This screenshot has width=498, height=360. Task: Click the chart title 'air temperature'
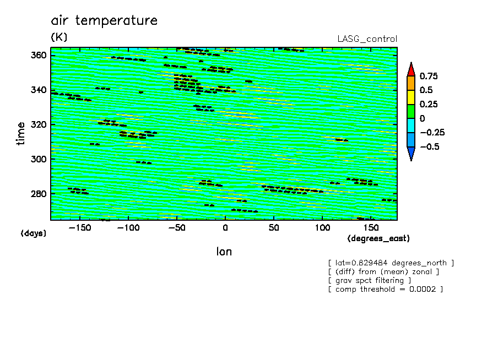(x=104, y=20)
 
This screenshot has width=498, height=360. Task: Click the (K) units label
(x=59, y=37)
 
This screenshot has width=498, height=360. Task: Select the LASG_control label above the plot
(x=367, y=39)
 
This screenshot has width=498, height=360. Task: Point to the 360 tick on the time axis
(x=39, y=55)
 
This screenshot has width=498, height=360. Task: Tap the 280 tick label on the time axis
(x=39, y=194)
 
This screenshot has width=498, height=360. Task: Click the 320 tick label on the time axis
(x=39, y=124)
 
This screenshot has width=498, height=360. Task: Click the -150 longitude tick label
(x=80, y=228)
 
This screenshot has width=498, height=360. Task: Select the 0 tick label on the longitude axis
(x=225, y=228)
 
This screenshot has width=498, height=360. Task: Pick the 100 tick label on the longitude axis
(x=322, y=228)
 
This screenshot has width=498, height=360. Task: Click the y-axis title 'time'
(x=20, y=133)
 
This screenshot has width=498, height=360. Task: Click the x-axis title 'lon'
(x=224, y=252)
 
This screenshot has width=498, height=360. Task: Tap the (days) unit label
(x=34, y=233)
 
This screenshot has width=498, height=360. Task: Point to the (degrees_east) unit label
(x=378, y=238)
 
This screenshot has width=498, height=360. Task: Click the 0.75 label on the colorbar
(x=429, y=76)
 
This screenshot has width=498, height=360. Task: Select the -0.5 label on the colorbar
(x=430, y=146)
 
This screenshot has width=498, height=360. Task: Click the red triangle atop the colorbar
(x=411, y=70)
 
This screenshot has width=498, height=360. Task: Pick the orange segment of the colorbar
(x=411, y=84)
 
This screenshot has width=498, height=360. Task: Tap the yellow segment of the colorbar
(x=411, y=97)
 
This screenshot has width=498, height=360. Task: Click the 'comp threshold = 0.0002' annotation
(x=386, y=289)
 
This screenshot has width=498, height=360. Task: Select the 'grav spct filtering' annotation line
(x=370, y=281)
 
